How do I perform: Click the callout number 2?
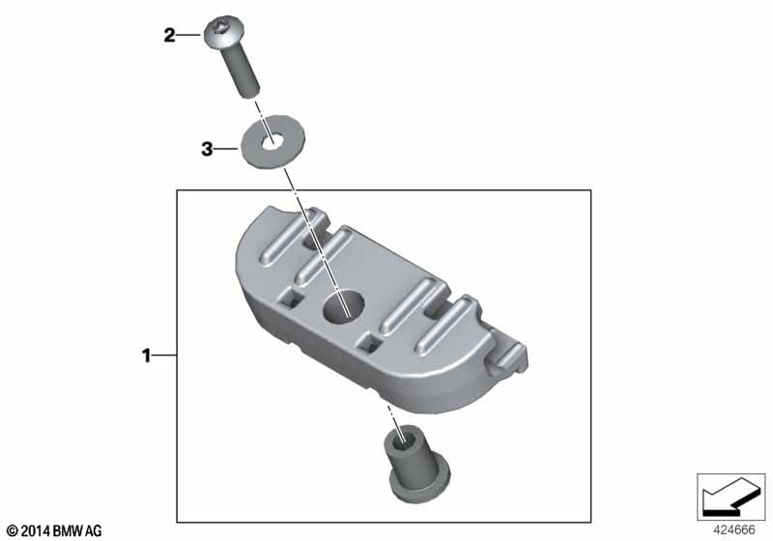(x=169, y=36)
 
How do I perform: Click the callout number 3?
(x=207, y=149)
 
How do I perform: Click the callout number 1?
(x=146, y=356)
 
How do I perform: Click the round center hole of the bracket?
(x=344, y=307)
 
